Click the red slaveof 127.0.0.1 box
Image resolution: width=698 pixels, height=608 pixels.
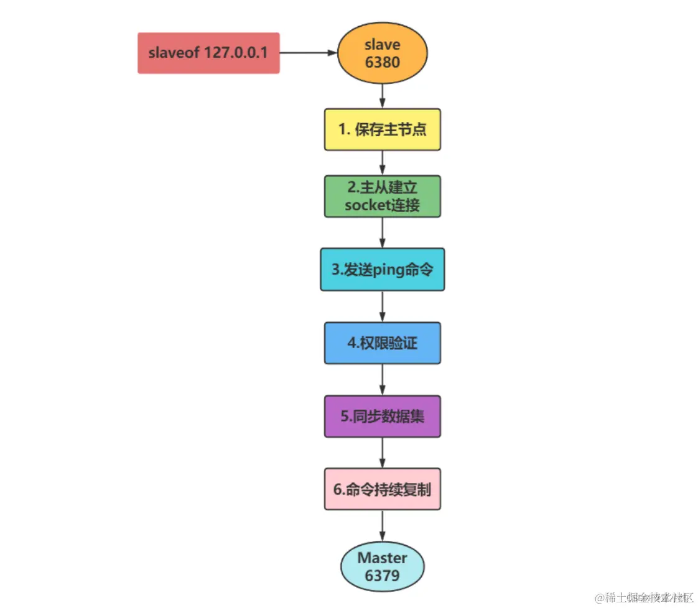(208, 53)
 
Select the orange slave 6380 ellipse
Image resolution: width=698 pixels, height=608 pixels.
(382, 53)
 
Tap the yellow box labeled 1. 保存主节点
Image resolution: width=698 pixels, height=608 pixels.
(382, 130)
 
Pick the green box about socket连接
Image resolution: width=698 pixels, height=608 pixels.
(382, 196)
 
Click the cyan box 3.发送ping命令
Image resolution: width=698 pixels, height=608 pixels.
(382, 269)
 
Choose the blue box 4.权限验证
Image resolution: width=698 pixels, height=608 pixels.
(382, 343)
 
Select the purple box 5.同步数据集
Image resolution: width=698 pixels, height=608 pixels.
(382, 416)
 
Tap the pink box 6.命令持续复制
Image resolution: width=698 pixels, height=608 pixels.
(382, 489)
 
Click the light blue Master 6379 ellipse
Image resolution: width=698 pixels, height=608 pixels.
(382, 566)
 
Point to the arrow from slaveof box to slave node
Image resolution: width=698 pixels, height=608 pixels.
(308, 53)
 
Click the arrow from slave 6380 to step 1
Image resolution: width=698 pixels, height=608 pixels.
(382, 96)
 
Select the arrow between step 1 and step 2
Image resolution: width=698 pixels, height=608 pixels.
(382, 163)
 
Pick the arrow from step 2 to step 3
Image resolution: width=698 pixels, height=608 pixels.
(382, 233)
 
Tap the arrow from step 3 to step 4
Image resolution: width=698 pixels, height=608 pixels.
(382, 306)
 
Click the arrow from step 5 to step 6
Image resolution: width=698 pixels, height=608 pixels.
(382, 453)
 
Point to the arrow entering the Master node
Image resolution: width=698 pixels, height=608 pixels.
(382, 527)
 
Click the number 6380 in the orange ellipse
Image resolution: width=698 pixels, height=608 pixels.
(382, 63)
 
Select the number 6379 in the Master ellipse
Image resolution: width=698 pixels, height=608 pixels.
(382, 575)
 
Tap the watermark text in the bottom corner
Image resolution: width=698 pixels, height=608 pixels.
(643, 597)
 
